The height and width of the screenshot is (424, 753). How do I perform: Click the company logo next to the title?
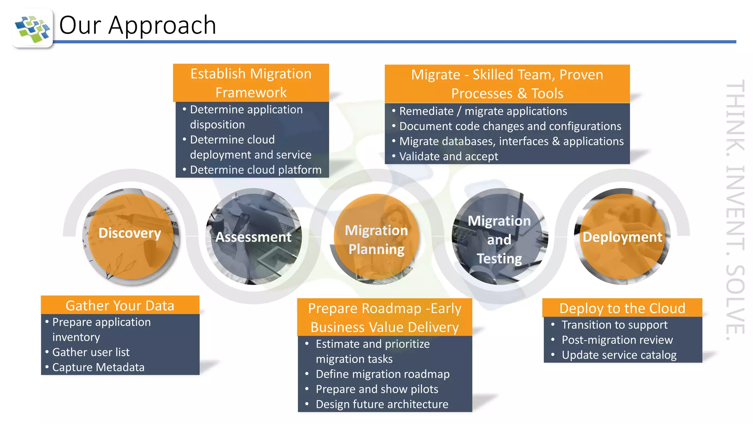pyautogui.click(x=32, y=28)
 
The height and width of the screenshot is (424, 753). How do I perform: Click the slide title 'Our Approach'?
pyautogui.click(x=138, y=25)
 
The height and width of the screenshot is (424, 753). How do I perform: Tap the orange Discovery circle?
pyautogui.click(x=131, y=236)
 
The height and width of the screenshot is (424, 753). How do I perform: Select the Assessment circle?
pyautogui.click(x=253, y=237)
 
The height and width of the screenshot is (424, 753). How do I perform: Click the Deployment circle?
pyautogui.click(x=622, y=237)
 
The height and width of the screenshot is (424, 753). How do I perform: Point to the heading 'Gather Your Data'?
pyautogui.click(x=120, y=305)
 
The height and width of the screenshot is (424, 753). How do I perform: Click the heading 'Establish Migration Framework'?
pyautogui.click(x=251, y=83)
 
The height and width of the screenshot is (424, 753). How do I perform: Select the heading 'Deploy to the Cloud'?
pyautogui.click(x=622, y=308)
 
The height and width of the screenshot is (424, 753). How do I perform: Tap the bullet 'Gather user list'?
pyautogui.click(x=91, y=352)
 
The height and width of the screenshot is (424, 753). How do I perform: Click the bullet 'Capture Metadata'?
pyautogui.click(x=98, y=367)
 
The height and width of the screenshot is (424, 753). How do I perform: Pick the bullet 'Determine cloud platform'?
pyautogui.click(x=256, y=170)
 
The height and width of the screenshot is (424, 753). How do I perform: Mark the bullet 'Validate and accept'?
pyautogui.click(x=449, y=156)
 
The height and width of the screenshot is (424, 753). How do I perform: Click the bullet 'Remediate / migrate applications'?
pyautogui.click(x=483, y=111)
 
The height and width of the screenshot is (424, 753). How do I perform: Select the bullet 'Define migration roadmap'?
pyautogui.click(x=382, y=374)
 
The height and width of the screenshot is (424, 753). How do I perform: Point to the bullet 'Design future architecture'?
pyautogui.click(x=382, y=404)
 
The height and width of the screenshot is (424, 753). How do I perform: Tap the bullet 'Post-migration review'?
pyautogui.click(x=617, y=340)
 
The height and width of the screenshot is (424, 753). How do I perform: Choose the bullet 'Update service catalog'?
pyautogui.click(x=619, y=355)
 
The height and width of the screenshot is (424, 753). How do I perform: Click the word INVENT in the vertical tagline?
pyautogui.click(x=735, y=208)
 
